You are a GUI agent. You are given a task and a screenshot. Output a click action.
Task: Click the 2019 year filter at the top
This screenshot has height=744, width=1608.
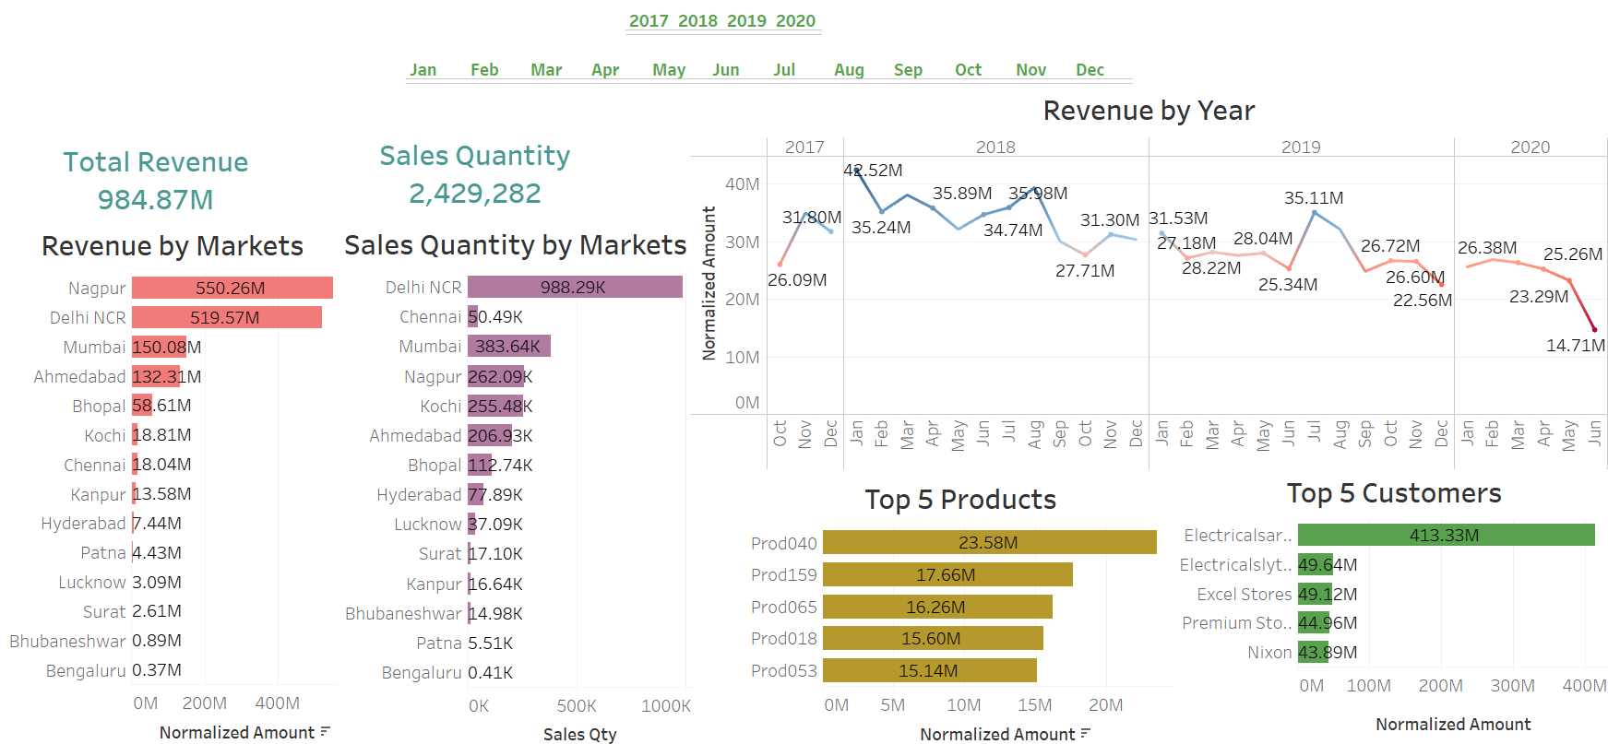745,21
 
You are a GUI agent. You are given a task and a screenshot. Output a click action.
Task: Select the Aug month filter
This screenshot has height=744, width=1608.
849,70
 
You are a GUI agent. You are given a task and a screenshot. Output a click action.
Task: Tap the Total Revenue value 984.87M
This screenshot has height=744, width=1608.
155,200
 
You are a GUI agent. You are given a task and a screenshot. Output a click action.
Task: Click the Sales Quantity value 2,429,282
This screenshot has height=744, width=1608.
474,194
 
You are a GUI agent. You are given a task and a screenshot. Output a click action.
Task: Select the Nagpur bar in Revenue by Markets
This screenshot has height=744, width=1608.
232,289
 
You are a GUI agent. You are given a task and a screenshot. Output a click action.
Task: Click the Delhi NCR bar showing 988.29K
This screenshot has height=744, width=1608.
574,288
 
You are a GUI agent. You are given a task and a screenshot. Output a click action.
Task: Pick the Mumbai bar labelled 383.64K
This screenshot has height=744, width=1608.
508,347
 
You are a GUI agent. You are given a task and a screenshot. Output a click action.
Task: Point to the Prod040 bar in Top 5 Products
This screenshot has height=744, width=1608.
989,543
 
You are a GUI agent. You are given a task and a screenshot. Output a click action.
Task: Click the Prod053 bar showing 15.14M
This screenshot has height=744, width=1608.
929,670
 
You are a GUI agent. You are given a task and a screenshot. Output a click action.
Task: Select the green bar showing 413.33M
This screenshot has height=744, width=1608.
1445,536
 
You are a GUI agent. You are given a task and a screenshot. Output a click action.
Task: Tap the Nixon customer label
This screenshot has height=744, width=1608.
1269,653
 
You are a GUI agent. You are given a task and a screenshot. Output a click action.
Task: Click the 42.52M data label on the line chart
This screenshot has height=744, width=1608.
873,171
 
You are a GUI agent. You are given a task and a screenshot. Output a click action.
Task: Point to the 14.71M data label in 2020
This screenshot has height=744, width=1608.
1575,346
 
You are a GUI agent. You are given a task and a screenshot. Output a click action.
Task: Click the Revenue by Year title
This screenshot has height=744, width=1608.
1149,112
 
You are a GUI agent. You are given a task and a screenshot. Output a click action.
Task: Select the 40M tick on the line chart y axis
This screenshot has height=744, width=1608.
742,184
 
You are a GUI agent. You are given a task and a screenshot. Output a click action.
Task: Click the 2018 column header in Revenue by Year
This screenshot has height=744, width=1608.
995,148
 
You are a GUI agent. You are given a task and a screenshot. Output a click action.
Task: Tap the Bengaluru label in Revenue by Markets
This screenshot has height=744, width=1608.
86,671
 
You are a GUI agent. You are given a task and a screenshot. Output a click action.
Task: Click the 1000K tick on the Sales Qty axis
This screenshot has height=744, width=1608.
665,706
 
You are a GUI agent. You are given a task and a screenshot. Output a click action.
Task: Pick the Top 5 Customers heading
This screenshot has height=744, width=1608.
1393,494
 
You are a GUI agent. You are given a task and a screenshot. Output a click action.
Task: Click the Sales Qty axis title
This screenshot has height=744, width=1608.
579,735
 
